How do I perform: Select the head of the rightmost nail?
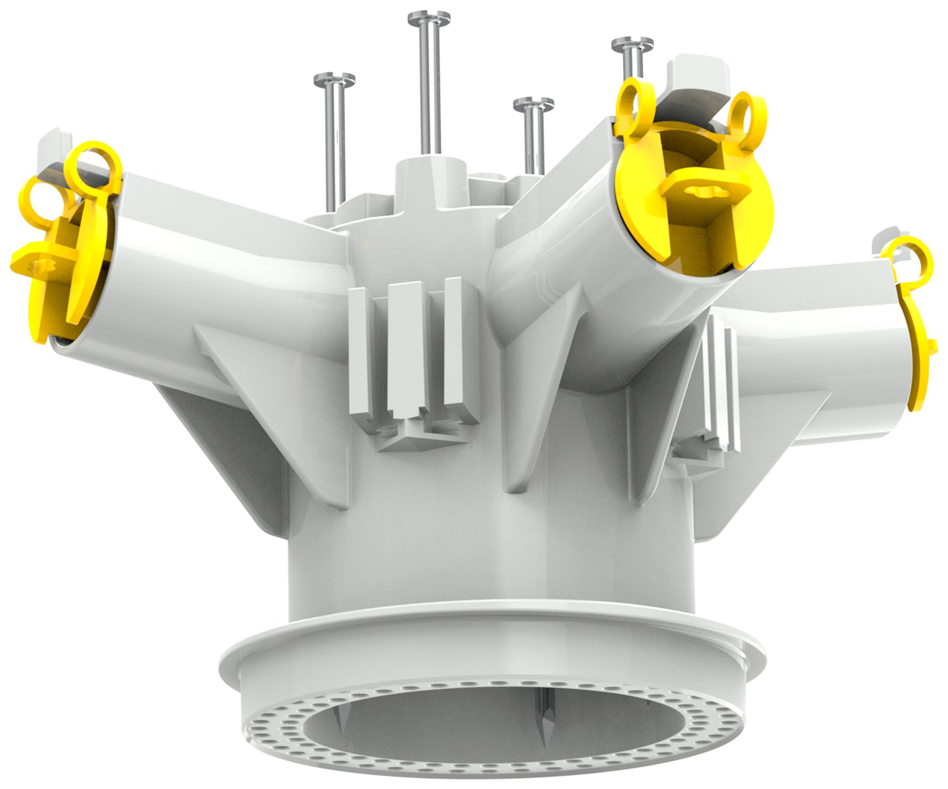click(x=632, y=44)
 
